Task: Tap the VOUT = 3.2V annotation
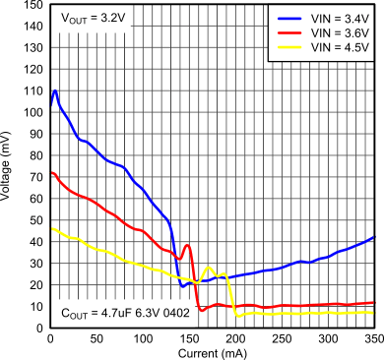[x=95, y=19]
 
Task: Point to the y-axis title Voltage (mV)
[x=9, y=166]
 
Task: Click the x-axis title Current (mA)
[x=213, y=351]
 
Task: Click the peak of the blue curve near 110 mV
[x=55, y=90]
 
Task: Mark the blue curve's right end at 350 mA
[x=374, y=237]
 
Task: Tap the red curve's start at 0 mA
[x=50, y=173]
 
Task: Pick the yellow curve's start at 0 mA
[x=50, y=229]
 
